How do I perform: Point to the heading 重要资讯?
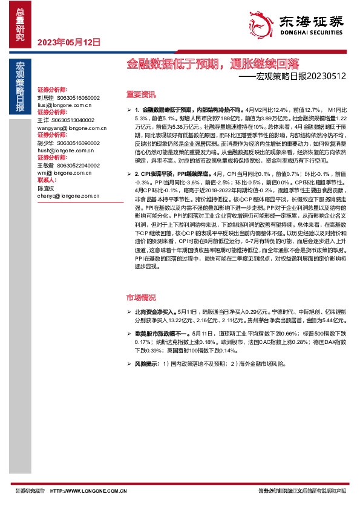click(x=141, y=94)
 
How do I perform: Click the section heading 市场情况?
click(x=141, y=298)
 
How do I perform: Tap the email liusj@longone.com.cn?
click(x=62, y=104)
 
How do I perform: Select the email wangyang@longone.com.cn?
click(x=71, y=128)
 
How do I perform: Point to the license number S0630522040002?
click(x=78, y=165)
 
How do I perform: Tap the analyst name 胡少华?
click(x=45, y=143)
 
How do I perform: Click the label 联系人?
click(x=47, y=180)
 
